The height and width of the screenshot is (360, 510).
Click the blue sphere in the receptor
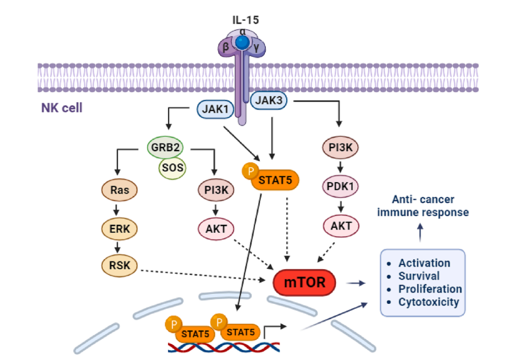pyautogui.click(x=243, y=43)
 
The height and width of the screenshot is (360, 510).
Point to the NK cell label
pyautogui.click(x=61, y=108)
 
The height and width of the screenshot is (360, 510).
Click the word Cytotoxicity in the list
pyautogui.click(x=429, y=301)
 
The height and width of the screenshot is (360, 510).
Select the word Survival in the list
pyautogui.click(x=419, y=276)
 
